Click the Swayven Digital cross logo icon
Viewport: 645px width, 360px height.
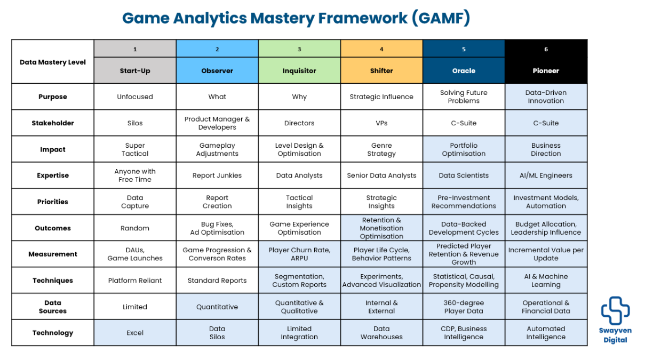pos(615,310)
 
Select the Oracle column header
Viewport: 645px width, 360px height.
pos(464,71)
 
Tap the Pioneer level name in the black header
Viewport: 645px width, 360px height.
pos(546,71)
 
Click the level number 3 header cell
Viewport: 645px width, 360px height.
pos(299,49)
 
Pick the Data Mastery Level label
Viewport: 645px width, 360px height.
pos(53,62)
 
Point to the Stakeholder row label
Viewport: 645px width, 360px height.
pos(53,123)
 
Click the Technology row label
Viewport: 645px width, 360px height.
pos(53,333)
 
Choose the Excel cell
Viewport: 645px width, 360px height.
pos(135,333)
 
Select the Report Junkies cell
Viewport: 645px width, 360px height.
pos(217,175)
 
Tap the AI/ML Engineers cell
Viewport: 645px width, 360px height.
pos(546,175)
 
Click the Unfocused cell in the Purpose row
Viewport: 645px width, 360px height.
pos(135,97)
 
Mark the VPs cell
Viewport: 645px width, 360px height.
pos(381,123)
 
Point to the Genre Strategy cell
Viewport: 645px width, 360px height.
pos(381,150)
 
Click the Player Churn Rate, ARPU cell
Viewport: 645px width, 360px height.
pos(299,254)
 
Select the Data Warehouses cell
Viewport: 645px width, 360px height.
pos(381,333)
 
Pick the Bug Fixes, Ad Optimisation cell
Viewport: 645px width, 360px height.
pos(217,228)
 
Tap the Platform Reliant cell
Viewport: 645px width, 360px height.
pos(135,281)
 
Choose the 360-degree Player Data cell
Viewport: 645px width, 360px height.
pos(464,307)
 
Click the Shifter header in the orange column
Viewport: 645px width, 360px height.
pos(381,71)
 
